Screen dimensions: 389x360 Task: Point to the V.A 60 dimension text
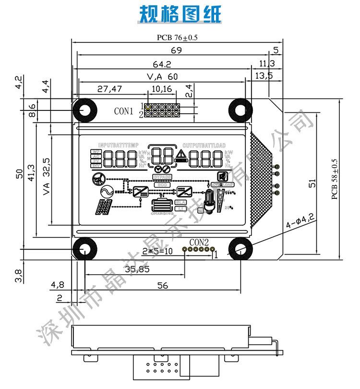162,77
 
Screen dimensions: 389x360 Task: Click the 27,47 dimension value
110,89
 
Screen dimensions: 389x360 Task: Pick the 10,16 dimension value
162,89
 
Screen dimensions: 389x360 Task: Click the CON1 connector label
123,111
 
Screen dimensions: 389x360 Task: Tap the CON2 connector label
199,242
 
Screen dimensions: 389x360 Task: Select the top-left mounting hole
85,110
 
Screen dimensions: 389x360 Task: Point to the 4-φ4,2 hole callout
300,222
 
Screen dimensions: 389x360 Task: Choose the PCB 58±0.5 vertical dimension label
335,179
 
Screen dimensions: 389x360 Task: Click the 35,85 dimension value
136,269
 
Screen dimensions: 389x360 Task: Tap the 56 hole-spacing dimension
163,286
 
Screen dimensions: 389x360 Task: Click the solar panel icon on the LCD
104,207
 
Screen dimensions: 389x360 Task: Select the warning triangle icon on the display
181,154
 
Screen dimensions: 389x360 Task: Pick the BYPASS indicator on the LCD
162,177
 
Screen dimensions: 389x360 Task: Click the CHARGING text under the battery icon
162,213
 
